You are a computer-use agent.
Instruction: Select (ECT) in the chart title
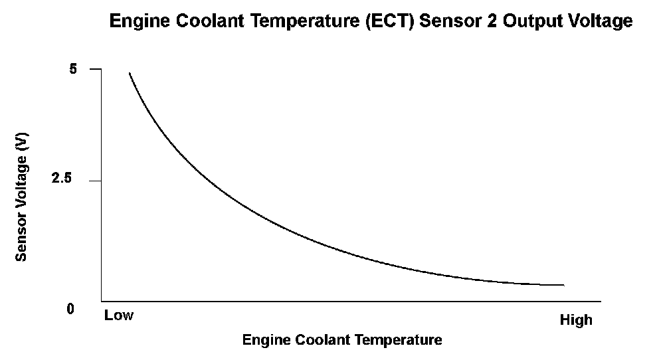click(383, 22)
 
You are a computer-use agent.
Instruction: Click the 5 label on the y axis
click(74, 68)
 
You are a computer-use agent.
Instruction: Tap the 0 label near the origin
click(70, 310)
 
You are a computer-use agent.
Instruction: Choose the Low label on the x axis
click(119, 315)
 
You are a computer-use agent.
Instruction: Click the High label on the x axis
click(575, 320)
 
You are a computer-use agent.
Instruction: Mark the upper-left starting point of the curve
click(129, 73)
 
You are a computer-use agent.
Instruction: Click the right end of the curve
click(563, 285)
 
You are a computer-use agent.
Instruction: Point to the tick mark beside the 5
click(95, 69)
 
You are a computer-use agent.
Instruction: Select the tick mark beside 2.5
click(95, 181)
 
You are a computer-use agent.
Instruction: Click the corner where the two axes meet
click(102, 300)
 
